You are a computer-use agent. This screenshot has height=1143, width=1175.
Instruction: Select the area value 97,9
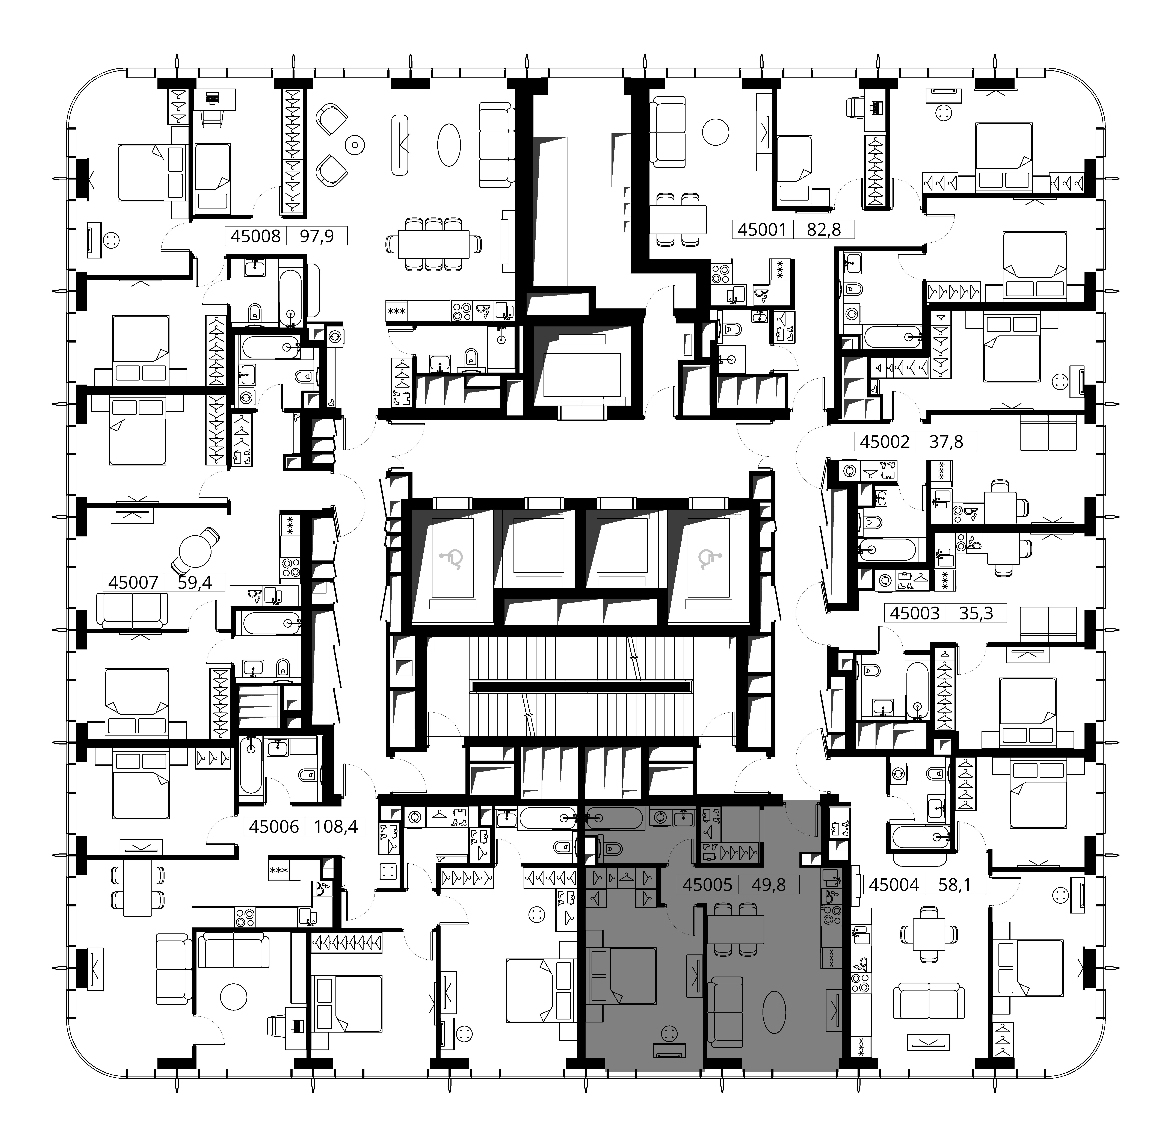click(316, 236)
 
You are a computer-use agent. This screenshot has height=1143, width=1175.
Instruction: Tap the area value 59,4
click(195, 582)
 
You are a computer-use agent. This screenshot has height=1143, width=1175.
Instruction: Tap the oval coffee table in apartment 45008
click(449, 145)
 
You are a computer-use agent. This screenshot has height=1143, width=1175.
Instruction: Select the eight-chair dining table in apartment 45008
click(433, 244)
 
